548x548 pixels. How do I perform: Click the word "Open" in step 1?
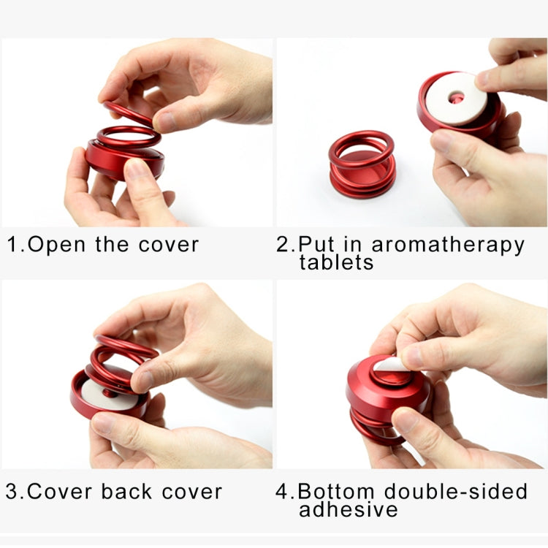(x=56, y=243)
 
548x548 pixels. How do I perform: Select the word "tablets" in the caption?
(x=337, y=262)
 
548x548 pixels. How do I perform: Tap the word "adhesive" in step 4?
(x=349, y=509)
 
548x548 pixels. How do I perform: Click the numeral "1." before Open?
(x=16, y=243)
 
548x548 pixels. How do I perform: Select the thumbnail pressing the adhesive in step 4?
(x=414, y=356)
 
